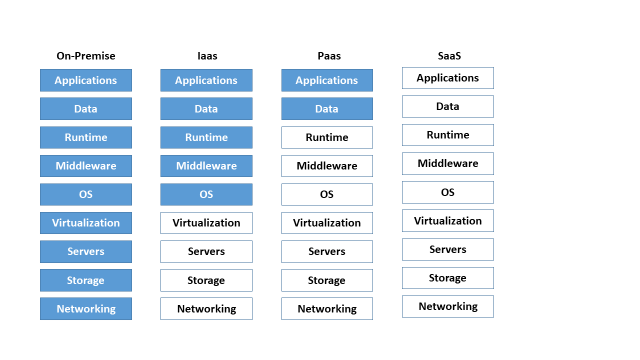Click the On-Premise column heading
(x=86, y=55)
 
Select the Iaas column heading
(x=207, y=55)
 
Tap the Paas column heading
(x=329, y=55)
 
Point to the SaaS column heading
(x=449, y=55)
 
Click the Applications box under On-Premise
(x=86, y=80)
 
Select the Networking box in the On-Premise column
(x=86, y=309)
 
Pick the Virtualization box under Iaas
(x=206, y=223)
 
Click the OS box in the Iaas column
(x=206, y=194)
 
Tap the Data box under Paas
(x=327, y=109)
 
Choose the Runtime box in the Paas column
(x=327, y=137)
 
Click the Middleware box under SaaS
(x=448, y=163)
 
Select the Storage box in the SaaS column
(x=448, y=278)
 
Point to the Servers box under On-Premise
(x=86, y=251)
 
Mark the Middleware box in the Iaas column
(x=206, y=166)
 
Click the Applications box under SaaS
(x=448, y=78)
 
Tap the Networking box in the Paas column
(x=327, y=309)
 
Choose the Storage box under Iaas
(x=206, y=280)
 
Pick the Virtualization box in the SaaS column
(x=448, y=221)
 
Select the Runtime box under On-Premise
(x=86, y=137)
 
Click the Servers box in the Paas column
(x=327, y=251)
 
